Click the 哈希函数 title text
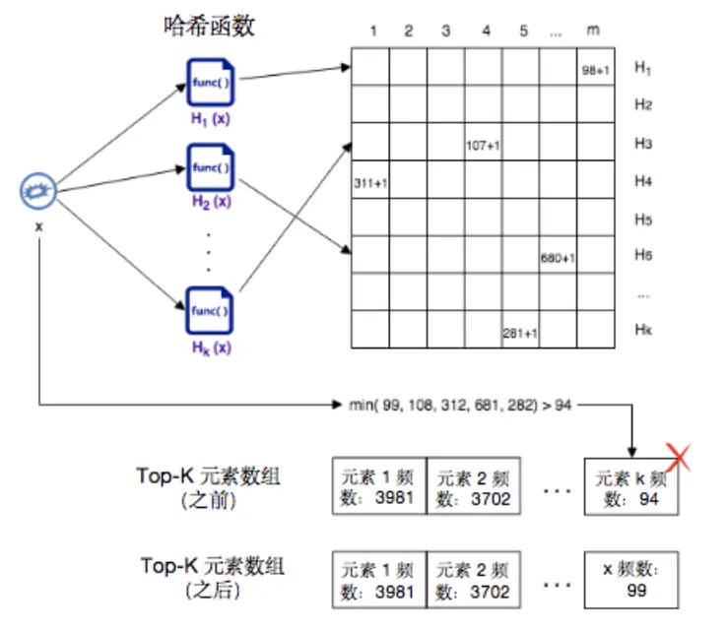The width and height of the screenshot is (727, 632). coord(209,27)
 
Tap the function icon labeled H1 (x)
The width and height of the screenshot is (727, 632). coord(209,82)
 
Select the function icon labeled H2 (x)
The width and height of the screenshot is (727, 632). coord(209,167)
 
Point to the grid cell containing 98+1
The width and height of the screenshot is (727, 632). coord(596,67)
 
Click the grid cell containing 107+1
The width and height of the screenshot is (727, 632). coord(484,144)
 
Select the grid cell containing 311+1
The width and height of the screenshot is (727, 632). coord(370,182)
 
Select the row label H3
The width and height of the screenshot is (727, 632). coord(644,144)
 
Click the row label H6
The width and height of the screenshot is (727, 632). coord(644,256)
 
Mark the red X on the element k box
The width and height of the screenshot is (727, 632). coord(677,456)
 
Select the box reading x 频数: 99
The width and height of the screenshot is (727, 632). coord(630,581)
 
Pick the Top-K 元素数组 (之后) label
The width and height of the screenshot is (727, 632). coord(210,578)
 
